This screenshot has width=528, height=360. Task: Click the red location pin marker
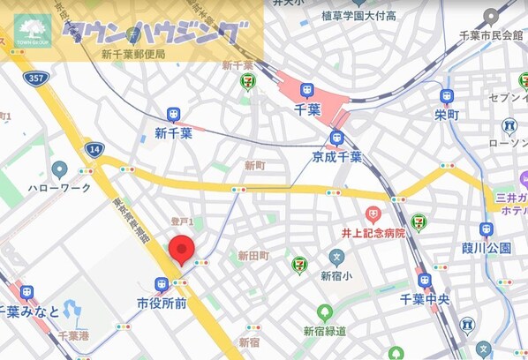click(182, 250)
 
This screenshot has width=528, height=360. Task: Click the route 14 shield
click(93, 149)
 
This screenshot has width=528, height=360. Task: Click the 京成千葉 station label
click(336, 157)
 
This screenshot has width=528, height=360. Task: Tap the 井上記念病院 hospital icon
click(373, 214)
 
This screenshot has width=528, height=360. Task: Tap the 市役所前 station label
click(161, 303)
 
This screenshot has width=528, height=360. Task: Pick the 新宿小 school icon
click(336, 258)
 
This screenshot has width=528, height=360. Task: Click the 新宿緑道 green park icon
click(324, 312)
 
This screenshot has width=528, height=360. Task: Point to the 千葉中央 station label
click(425, 299)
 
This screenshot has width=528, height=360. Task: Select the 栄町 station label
click(447, 116)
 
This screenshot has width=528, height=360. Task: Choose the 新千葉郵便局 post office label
click(133, 54)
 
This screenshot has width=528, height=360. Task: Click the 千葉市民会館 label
click(491, 34)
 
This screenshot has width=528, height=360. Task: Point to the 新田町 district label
click(253, 256)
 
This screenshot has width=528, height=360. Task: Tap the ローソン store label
click(509, 145)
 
